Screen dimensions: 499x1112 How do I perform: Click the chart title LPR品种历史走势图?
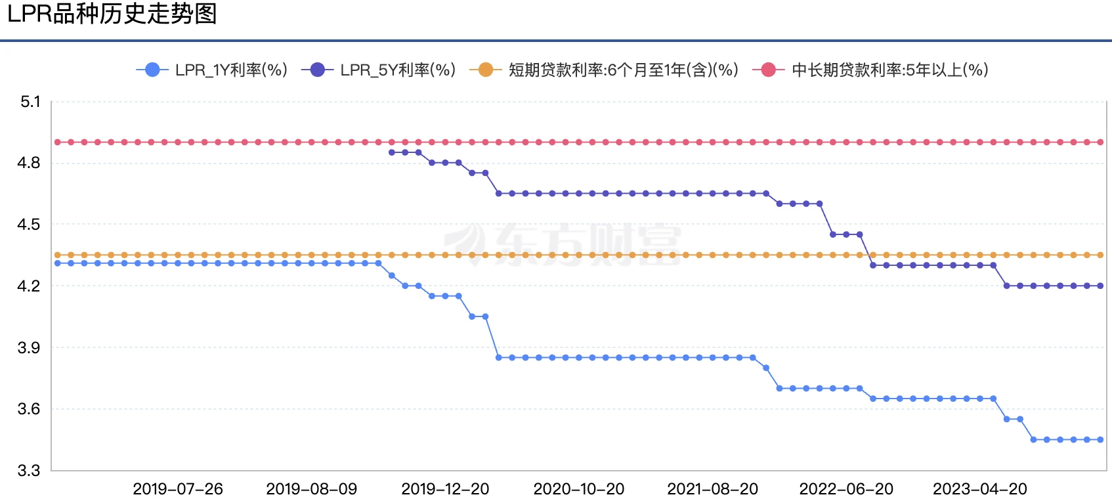point(112,14)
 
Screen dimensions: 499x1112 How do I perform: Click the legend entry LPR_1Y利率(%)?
point(212,70)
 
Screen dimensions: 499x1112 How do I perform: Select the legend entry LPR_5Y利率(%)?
point(379,70)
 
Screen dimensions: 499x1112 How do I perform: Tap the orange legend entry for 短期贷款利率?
point(605,70)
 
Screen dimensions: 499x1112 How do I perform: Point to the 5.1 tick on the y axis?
point(30,102)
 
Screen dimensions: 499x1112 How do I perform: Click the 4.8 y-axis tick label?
point(29,163)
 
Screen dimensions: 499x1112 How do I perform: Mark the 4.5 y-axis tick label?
point(29,225)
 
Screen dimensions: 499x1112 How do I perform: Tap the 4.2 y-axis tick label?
point(29,286)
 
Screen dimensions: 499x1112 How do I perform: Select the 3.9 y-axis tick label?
point(29,348)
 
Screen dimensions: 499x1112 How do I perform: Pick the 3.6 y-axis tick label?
point(29,409)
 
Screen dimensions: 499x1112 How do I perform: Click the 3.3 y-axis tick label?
point(29,471)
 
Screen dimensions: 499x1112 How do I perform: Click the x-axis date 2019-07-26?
point(178,489)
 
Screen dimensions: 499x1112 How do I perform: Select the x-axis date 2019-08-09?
point(312,489)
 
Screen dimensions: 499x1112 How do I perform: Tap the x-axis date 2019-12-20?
point(445,489)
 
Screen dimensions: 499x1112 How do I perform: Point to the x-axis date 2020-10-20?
point(579,489)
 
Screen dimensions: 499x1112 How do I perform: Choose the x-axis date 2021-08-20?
point(713,489)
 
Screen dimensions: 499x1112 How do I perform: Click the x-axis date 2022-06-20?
point(846,489)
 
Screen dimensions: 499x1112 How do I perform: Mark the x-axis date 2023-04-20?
point(980,489)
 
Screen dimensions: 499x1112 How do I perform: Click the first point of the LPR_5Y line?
point(392,152)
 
